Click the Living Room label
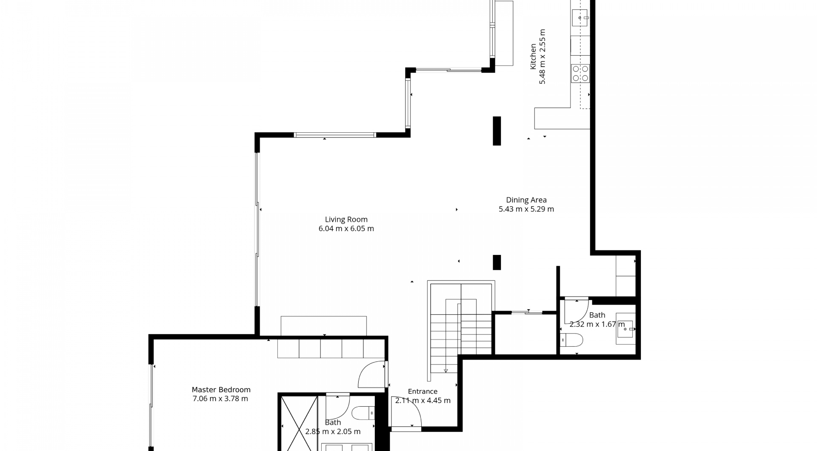346,220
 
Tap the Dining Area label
526,200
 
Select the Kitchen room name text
533,57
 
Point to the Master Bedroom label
221,390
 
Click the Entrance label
423,391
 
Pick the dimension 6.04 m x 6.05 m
346,228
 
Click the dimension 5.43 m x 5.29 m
526,209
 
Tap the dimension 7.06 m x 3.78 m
220,399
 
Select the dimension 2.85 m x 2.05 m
333,431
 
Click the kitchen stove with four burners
580,73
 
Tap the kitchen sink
580,17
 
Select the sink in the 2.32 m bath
626,329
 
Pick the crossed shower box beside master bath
299,423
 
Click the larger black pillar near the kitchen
497,131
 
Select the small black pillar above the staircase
497,262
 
